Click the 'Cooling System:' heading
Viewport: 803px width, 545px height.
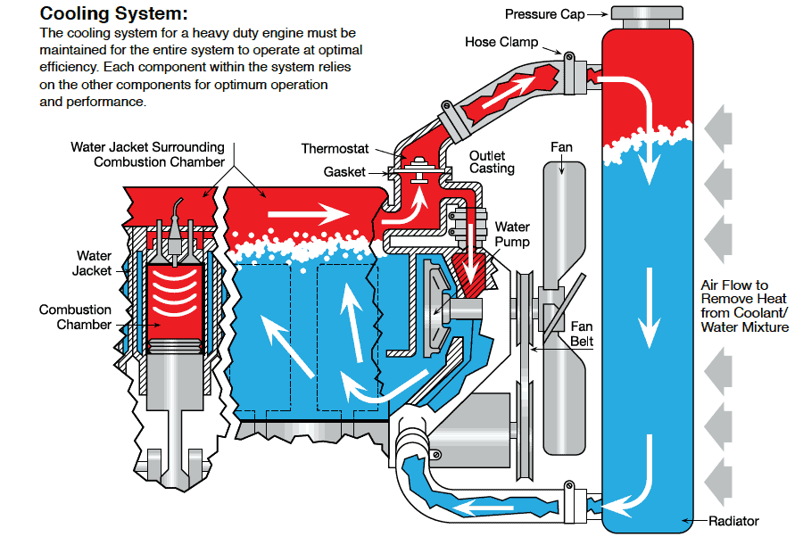click(x=114, y=14)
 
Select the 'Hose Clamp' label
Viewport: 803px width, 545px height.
click(x=501, y=42)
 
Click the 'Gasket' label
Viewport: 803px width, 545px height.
click(x=344, y=170)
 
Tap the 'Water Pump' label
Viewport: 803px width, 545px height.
click(x=512, y=235)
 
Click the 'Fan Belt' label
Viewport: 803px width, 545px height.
click(x=582, y=334)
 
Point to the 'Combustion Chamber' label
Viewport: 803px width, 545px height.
click(x=75, y=318)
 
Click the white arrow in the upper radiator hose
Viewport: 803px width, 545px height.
click(x=509, y=90)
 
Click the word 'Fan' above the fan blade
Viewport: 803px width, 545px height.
click(x=561, y=147)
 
